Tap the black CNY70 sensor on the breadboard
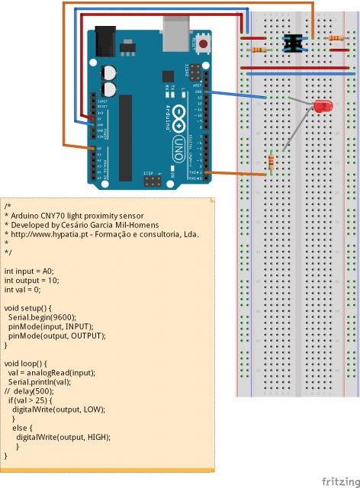click(x=291, y=43)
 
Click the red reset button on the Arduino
click(x=204, y=44)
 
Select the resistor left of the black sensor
click(x=259, y=50)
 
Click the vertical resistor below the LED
click(x=272, y=162)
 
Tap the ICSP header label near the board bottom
click(x=149, y=174)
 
